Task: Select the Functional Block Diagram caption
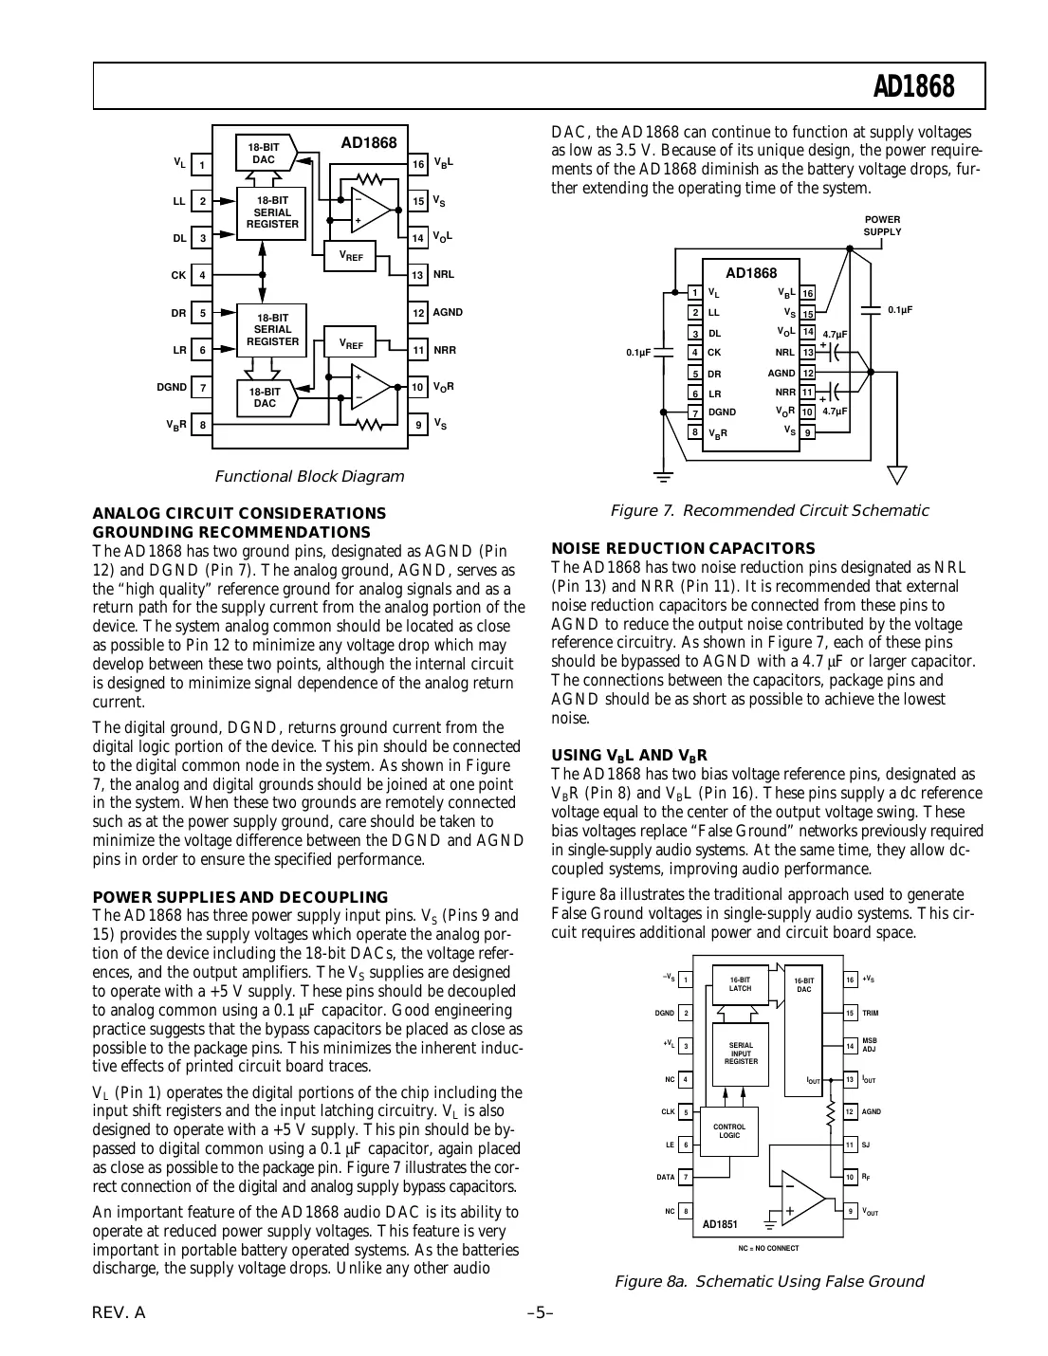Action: (309, 476)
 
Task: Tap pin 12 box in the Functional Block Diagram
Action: (418, 312)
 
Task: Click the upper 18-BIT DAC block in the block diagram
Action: (265, 154)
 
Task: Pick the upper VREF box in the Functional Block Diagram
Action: (351, 255)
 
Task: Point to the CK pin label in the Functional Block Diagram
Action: (178, 275)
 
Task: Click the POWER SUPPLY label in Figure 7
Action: (882, 226)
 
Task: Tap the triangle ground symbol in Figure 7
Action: (896, 475)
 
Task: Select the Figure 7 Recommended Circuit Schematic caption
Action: (769, 511)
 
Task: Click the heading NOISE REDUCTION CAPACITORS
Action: (683, 548)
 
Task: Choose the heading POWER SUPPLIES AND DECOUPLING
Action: (240, 897)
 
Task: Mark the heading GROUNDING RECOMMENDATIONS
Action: (231, 532)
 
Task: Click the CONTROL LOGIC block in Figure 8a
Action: (729, 1131)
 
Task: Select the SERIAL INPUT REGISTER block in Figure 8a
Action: (741, 1054)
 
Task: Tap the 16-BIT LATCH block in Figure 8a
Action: (740, 983)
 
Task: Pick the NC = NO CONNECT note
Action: (768, 1248)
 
